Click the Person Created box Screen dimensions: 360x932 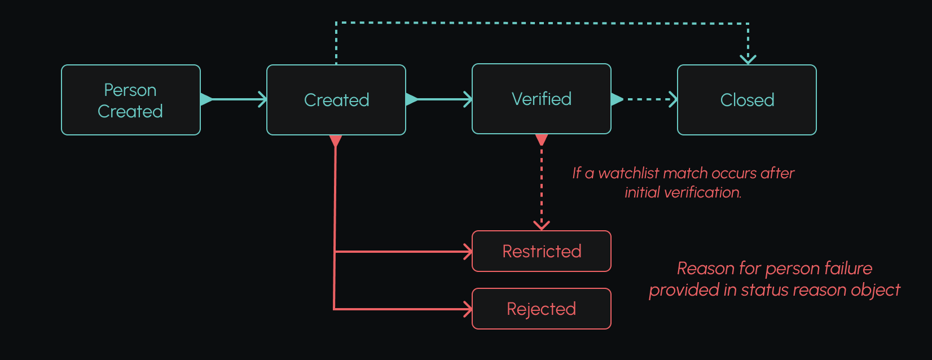[x=130, y=100]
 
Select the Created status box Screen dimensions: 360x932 [x=336, y=100]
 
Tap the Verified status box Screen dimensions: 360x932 [x=541, y=99]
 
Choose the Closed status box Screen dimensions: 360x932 [x=746, y=100]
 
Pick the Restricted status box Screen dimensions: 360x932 [x=541, y=251]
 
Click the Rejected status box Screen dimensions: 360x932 [x=541, y=309]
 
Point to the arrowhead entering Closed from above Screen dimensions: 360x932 [x=748, y=59]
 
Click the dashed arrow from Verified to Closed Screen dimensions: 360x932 [x=646, y=99]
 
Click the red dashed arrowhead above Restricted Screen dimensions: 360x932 [x=542, y=225]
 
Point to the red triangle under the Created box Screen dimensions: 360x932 [x=336, y=141]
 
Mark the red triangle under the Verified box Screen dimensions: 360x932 [x=542, y=139]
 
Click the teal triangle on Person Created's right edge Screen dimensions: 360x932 [x=206, y=99]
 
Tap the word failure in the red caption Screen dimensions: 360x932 [x=847, y=268]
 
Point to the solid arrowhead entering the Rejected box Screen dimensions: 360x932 [x=468, y=309]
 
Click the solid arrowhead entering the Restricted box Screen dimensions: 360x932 [x=468, y=252]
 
